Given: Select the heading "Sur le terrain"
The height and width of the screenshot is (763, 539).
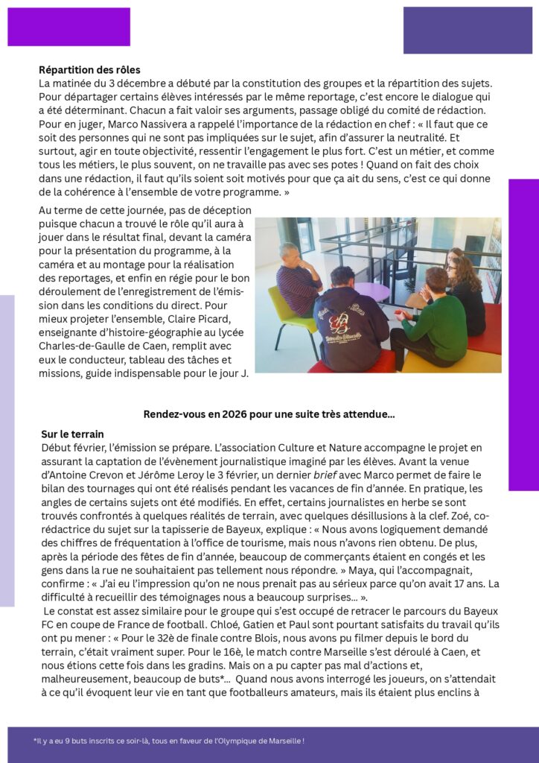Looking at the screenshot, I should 72,434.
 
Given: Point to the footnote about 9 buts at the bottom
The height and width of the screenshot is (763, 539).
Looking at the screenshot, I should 169,741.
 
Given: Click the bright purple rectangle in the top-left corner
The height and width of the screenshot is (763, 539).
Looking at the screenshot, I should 68,27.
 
